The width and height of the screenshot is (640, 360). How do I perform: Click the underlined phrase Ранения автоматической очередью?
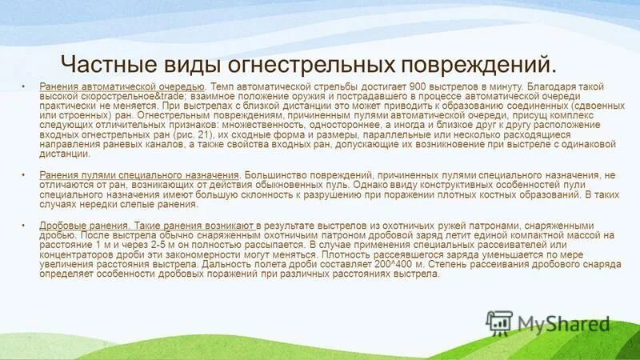tap(122, 86)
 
